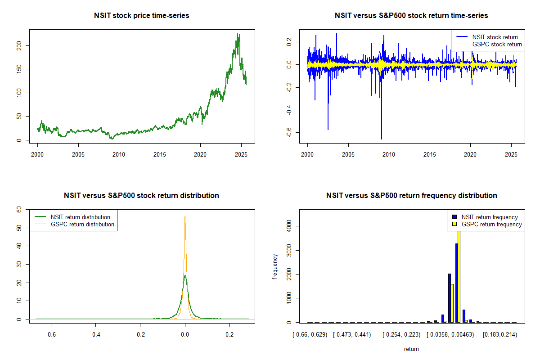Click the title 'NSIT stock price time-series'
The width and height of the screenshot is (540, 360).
(142, 15)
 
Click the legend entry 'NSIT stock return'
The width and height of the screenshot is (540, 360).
(495, 37)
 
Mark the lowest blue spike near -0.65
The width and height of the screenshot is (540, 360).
(382, 139)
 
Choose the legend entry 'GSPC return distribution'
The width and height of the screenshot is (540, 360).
(82, 224)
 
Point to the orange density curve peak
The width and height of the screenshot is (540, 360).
(185, 216)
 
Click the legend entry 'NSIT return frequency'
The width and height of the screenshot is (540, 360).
(490, 217)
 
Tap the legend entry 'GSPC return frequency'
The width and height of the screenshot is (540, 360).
(491, 224)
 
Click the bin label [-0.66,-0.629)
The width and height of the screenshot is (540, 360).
(308, 335)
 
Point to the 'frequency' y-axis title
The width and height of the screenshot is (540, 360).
(275, 267)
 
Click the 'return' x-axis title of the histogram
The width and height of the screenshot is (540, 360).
(411, 349)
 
